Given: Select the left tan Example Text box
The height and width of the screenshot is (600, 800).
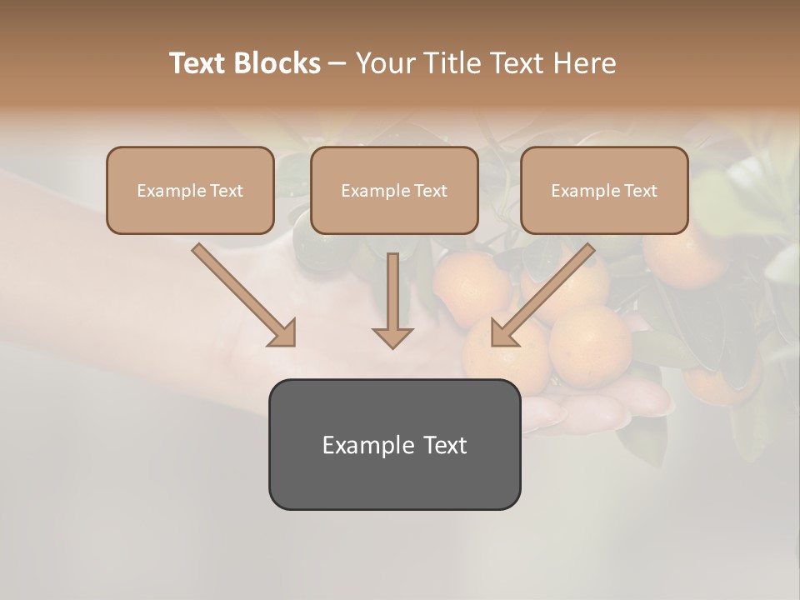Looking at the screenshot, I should (x=190, y=191).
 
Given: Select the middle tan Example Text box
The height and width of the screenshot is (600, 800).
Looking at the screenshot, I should (x=394, y=191).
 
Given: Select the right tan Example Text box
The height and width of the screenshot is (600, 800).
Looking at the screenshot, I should (x=604, y=191).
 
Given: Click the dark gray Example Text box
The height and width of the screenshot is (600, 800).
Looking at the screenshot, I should (x=394, y=444).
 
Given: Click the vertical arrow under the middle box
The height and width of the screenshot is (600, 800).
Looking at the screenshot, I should (x=392, y=292).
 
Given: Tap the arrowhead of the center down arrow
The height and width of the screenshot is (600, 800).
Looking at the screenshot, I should (x=392, y=337).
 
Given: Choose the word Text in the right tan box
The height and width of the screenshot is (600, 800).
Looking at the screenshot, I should (x=640, y=191).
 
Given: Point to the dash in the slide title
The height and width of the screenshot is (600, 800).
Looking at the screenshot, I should (x=337, y=63).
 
